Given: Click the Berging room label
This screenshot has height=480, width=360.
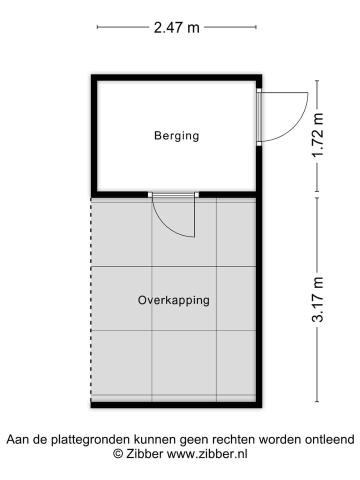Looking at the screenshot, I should point(176,135).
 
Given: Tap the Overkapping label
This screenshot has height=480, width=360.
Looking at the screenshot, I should point(173,300).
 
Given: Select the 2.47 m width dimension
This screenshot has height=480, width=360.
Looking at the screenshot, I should point(176,27).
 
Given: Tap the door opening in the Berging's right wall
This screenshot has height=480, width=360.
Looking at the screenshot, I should point(259,117).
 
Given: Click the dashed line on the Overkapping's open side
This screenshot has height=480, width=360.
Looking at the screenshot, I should point(91,300).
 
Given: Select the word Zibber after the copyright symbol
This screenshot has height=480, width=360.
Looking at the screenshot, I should point(144,454).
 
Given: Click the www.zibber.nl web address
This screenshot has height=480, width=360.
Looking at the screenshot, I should point(206,454).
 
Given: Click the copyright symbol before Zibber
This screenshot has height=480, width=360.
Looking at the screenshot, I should point(118,454).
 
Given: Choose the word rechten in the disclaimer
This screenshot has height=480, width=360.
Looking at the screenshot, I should point(234,440).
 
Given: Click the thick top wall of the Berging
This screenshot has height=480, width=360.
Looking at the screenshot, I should point(176,77).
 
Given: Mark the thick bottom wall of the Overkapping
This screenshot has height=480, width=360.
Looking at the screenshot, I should point(176,404).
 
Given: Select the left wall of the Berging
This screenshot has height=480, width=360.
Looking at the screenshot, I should point(94,135).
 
